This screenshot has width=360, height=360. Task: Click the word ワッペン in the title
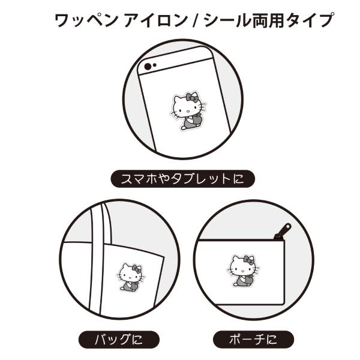tap(86, 20)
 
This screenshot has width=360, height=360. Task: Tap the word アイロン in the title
tap(156, 20)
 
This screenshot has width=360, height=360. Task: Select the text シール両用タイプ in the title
tap(269, 20)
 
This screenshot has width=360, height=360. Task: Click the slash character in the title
tap(196, 20)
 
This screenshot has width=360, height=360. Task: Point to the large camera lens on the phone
tap(148, 67)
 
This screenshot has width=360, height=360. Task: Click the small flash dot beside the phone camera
tap(155, 65)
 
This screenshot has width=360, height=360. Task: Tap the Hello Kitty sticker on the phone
tap(188, 111)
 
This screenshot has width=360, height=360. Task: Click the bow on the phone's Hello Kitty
tap(192, 98)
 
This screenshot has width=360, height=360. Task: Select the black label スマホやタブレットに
tap(183, 179)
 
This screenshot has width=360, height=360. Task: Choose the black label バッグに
tap(119, 340)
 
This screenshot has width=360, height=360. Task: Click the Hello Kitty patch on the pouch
tap(244, 271)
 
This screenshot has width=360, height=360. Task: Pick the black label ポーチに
tap(253, 340)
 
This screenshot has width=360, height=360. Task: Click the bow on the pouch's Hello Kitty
tap(248, 260)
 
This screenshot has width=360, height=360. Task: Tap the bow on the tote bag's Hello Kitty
tap(137, 269)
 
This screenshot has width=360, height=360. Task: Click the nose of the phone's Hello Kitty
tap(187, 112)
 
